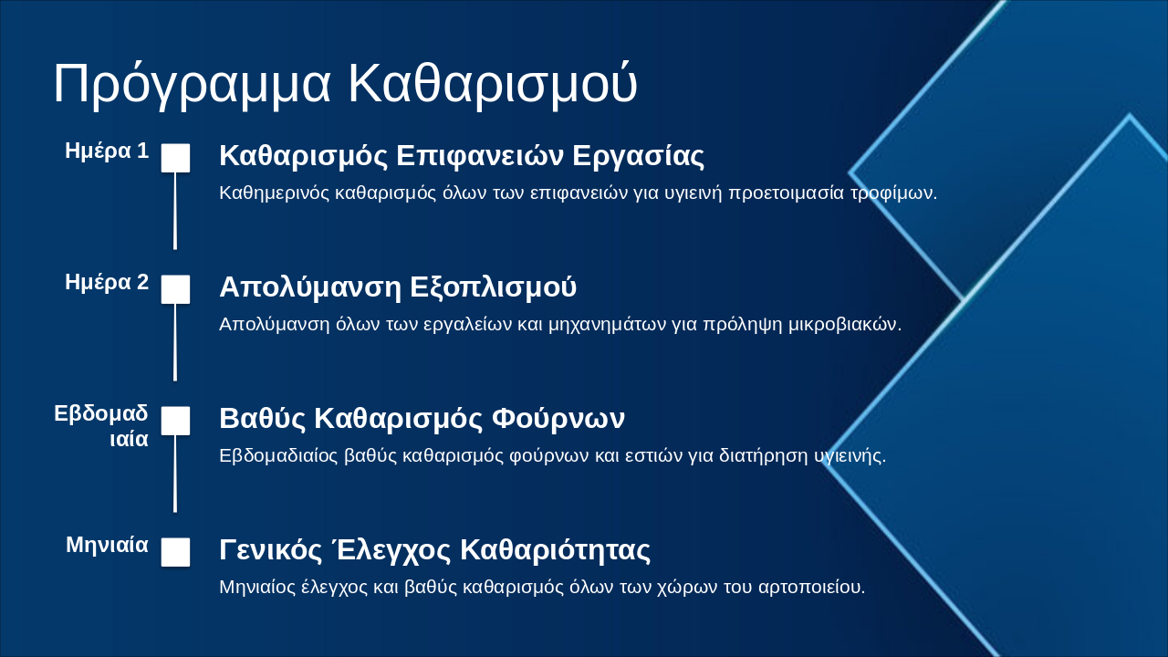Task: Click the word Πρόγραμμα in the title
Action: click(192, 85)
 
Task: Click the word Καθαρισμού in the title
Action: click(492, 85)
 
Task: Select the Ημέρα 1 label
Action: click(107, 151)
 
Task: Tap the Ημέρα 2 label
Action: click(107, 283)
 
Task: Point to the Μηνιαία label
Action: click(107, 546)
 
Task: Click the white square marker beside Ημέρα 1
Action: click(175, 158)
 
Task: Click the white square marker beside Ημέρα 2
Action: click(175, 289)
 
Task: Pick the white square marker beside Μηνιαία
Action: click(175, 552)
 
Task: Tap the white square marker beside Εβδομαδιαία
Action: click(175, 421)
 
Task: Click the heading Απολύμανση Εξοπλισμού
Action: click(398, 287)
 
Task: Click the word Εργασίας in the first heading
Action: click(638, 156)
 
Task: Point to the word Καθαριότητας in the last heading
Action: click(555, 550)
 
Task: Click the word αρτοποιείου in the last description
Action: click(811, 587)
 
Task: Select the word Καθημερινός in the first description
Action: click(275, 193)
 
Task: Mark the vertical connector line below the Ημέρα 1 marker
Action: click(175, 211)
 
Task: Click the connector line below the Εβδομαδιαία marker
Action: click(175, 474)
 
